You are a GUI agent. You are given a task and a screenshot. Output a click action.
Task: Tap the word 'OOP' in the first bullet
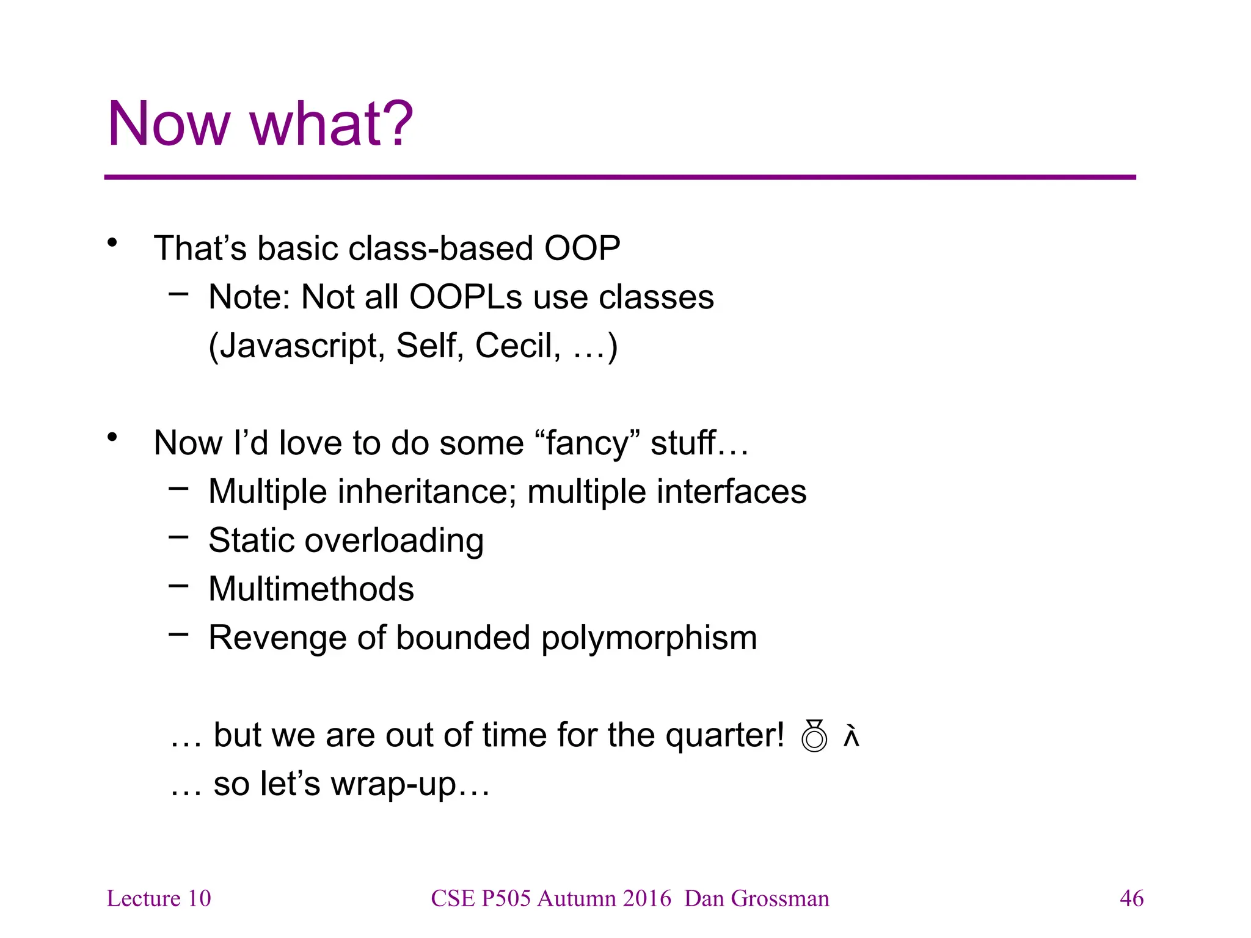tap(582, 249)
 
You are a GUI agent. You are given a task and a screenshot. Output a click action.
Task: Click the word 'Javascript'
tap(297, 346)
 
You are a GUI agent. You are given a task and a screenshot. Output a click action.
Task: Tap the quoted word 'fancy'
tap(587, 443)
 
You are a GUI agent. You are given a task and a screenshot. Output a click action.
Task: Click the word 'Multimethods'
tap(311, 589)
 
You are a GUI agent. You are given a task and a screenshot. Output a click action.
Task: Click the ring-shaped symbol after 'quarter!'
tap(814, 736)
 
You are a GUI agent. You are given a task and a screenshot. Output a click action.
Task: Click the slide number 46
tap(1131, 898)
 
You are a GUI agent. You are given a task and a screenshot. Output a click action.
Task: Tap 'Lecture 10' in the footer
tap(159, 898)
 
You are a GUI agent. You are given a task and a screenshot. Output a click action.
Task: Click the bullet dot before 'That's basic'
tap(112, 244)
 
